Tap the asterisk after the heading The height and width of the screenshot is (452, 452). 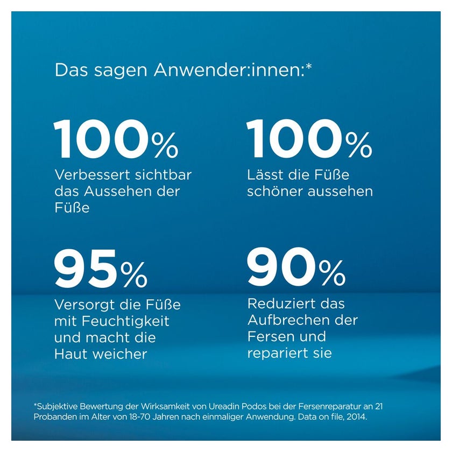308,67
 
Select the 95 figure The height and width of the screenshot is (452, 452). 86,269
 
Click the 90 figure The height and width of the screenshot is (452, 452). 281,267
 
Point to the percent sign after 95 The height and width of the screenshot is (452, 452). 134,274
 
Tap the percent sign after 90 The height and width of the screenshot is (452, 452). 332,272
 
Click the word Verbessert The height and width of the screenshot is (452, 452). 92,175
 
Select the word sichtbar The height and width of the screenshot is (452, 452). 163,175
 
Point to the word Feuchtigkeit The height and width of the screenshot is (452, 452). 126,321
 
